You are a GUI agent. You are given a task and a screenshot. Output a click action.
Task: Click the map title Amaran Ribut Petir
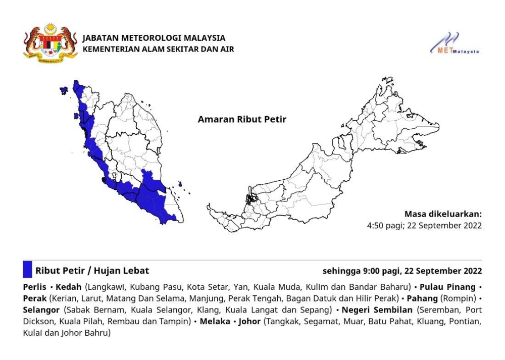tap(242, 120)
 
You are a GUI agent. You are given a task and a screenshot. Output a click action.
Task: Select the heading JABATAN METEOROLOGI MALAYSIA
tap(154, 38)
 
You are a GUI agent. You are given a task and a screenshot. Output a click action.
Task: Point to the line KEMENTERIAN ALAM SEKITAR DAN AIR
tap(158, 49)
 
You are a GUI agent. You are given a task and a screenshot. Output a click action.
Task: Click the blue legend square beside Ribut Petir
tap(27, 270)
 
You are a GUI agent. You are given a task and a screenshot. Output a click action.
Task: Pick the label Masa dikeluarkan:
tap(443, 214)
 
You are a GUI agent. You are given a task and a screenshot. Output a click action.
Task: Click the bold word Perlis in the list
tap(34, 287)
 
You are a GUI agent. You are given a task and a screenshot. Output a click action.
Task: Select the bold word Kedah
tap(72, 287)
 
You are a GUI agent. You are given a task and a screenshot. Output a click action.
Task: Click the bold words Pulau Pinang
tap(449, 287)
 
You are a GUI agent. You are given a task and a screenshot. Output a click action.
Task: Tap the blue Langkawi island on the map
tap(64, 91)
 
